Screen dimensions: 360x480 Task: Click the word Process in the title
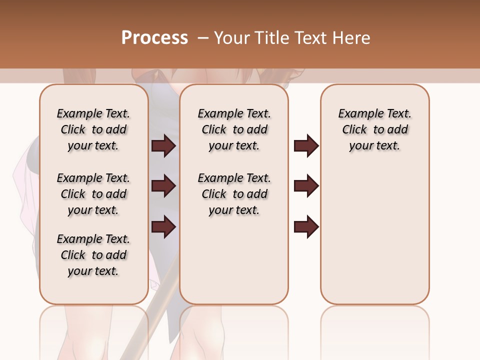tap(154, 38)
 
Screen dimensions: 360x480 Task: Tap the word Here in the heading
tap(352, 38)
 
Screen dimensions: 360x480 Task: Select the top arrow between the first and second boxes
tap(163, 146)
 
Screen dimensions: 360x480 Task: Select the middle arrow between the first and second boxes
tap(163, 186)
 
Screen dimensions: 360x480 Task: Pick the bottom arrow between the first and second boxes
tap(163, 227)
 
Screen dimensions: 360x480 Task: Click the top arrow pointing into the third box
tap(306, 146)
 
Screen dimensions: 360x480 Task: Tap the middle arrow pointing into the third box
tap(306, 186)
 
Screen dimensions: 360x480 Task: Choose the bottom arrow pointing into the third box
tap(306, 227)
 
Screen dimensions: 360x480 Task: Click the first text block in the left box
tap(93, 130)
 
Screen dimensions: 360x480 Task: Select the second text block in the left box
tap(93, 194)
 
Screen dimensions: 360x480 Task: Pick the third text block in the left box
tap(93, 255)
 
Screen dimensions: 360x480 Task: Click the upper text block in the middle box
tap(234, 130)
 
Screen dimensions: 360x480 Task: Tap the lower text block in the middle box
tap(234, 194)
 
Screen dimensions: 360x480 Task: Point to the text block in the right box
tap(375, 130)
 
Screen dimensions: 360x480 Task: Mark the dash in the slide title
tap(203, 38)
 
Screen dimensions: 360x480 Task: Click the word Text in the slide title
tap(310, 38)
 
